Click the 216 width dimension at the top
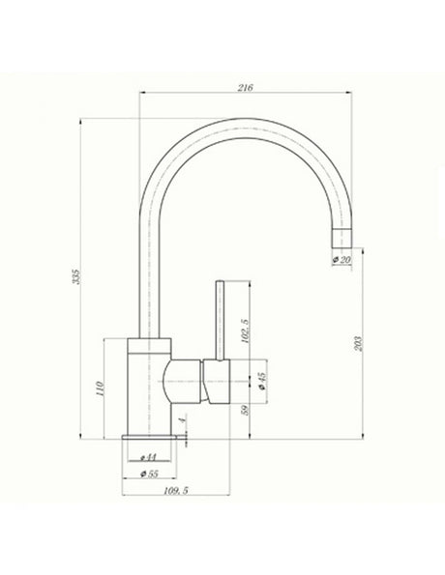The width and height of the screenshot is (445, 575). pos(244,88)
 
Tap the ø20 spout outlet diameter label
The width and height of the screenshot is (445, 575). pos(341,260)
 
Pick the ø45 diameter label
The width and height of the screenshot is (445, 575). pos(262,384)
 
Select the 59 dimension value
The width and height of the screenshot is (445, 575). pos(246,410)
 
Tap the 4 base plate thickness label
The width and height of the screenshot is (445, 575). pos(184,419)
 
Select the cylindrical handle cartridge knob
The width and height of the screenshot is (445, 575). pos(218,384)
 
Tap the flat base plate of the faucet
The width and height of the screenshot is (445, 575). pos(151,440)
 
